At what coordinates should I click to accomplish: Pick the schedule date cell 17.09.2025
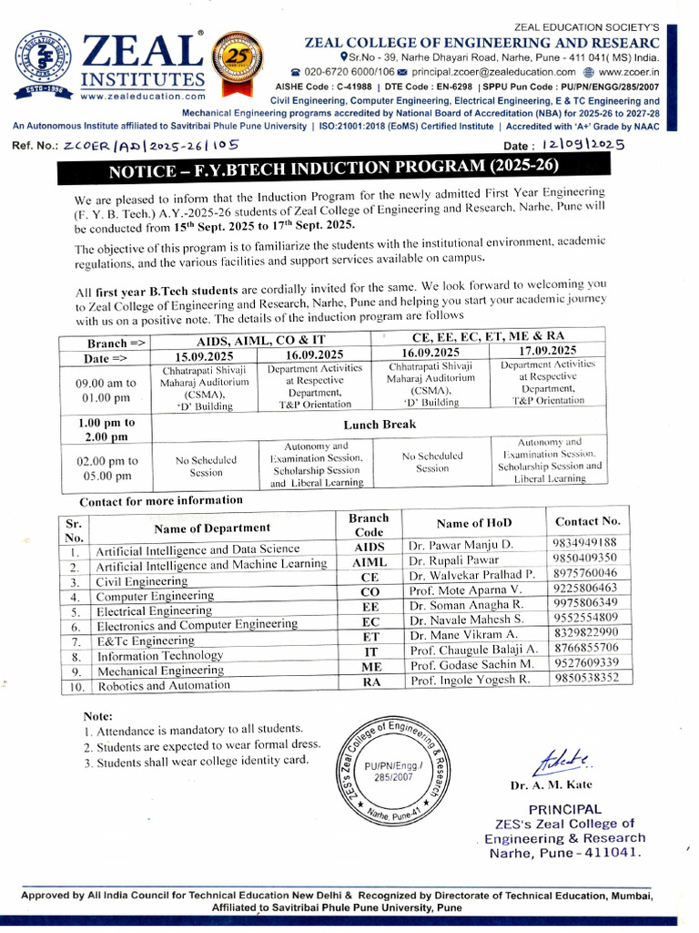(x=547, y=351)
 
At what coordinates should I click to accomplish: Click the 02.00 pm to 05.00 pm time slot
(x=106, y=468)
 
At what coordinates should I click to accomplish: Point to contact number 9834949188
(x=584, y=543)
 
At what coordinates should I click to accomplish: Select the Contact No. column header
(x=587, y=521)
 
